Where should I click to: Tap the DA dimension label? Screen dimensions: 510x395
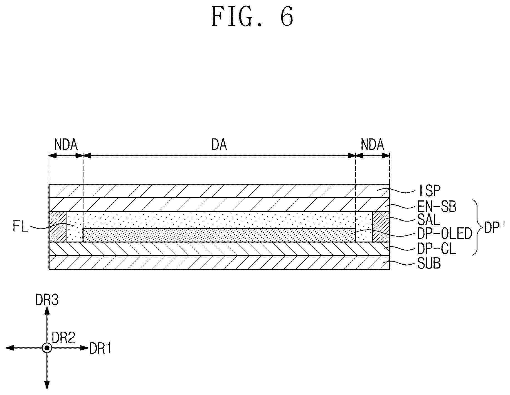[x=219, y=145]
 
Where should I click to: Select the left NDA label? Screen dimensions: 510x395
[x=66, y=145]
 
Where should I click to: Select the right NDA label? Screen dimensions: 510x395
[x=372, y=145]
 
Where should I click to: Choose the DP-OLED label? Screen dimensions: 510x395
[x=445, y=234]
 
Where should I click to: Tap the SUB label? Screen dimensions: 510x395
[x=429, y=263]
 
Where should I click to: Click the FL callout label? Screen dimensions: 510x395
[x=21, y=227]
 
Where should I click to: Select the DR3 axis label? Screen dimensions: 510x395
[x=47, y=300]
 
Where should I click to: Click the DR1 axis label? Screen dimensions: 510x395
[x=100, y=349]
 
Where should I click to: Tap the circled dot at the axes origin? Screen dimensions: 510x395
[x=47, y=348]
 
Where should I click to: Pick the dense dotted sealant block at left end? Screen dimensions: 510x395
[x=58, y=227]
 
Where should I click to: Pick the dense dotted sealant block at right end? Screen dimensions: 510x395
[x=381, y=227]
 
